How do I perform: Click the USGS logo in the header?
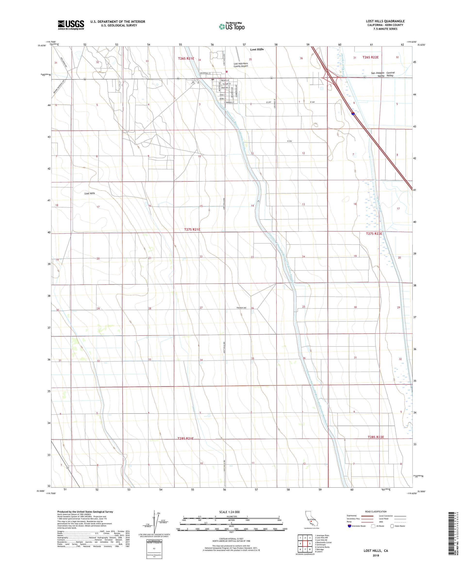click(71, 25)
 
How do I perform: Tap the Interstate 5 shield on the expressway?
click(353, 113)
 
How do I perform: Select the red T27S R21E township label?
click(192, 230)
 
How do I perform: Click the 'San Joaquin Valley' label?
click(377, 74)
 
